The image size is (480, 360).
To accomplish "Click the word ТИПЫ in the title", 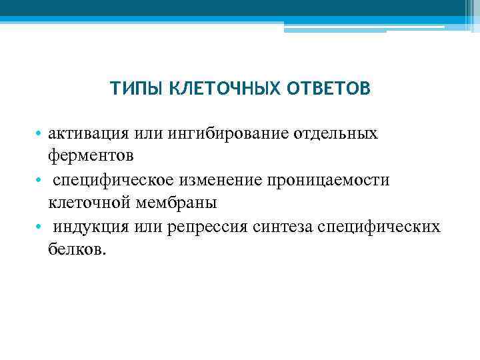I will tap(134, 89).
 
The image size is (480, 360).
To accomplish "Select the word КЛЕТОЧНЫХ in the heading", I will tap(215, 89).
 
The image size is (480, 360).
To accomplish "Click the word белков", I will tap(77, 249).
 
